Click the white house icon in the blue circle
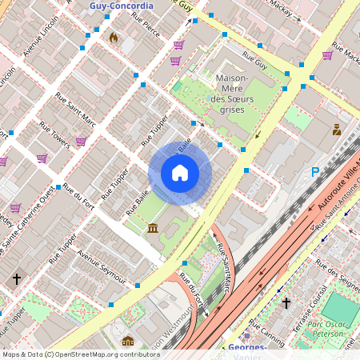[x=180, y=173]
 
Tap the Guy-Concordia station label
[x=122, y=6]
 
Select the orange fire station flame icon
[x=114, y=38]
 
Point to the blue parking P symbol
[x=315, y=172]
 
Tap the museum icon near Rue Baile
[x=152, y=230]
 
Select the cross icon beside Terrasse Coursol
[x=286, y=303]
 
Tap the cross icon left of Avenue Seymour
[x=17, y=278]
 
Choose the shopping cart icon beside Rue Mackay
[x=327, y=55]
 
